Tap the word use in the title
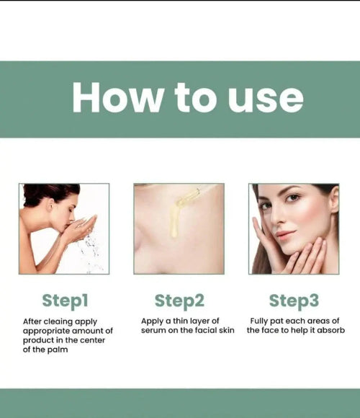click(x=266, y=100)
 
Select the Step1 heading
click(x=65, y=301)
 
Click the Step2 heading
click(x=179, y=301)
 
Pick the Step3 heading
click(x=294, y=301)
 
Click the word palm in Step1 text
click(x=58, y=350)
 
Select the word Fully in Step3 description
click(x=259, y=321)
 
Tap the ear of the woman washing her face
click(x=50, y=205)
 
